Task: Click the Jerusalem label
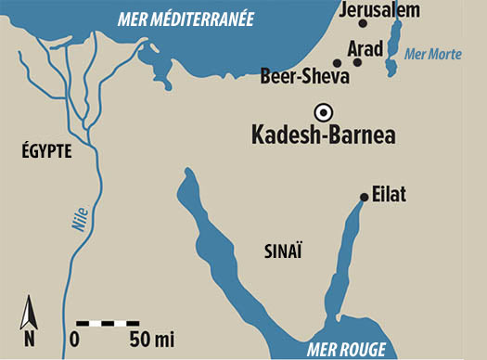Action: pyautogui.click(x=379, y=11)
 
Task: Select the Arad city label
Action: pyautogui.click(x=365, y=46)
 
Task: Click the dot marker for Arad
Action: pyautogui.click(x=357, y=62)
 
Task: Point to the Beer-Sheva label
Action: pyautogui.click(x=305, y=75)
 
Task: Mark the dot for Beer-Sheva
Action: pyautogui.click(x=336, y=62)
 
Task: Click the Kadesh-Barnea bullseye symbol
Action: pyautogui.click(x=322, y=111)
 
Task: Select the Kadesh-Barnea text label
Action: pyautogui.click(x=324, y=135)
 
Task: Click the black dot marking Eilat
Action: pyautogui.click(x=364, y=197)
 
